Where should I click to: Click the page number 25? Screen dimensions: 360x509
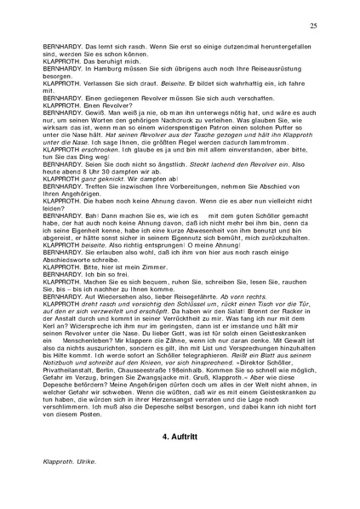click(x=314, y=27)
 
